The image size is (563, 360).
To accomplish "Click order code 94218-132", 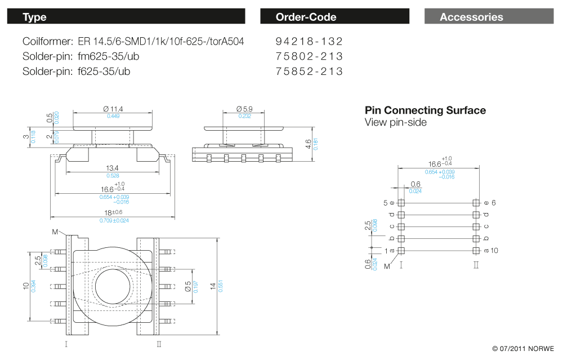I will click(x=309, y=42).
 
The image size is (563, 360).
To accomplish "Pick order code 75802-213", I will click(x=309, y=56).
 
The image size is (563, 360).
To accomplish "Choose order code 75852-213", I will click(x=309, y=72).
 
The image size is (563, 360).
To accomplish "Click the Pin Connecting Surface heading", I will click(x=425, y=110).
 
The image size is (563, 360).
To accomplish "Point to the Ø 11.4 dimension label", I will click(x=113, y=109).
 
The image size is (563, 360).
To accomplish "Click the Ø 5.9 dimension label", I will click(x=244, y=109).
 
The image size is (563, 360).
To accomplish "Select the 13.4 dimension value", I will click(x=113, y=168).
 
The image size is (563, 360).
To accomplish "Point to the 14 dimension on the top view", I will click(x=212, y=287).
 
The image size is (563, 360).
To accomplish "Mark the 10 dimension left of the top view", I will click(x=26, y=286).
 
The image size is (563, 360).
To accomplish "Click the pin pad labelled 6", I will click(x=476, y=203).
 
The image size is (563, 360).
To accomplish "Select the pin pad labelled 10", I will click(x=476, y=250).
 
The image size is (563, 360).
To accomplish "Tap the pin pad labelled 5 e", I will click(x=401, y=203).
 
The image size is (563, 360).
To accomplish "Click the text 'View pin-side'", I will click(x=396, y=122).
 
